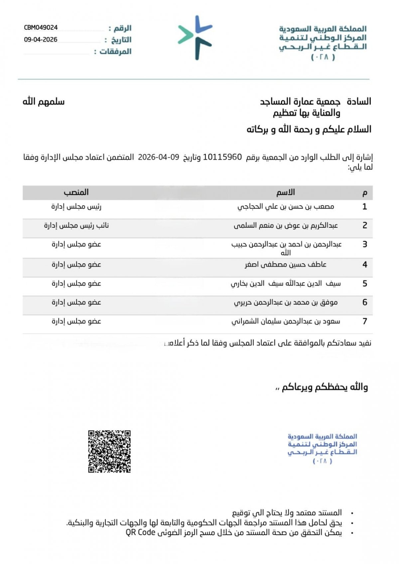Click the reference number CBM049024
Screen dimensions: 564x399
click(41, 28)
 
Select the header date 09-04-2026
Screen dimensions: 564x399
click(41, 40)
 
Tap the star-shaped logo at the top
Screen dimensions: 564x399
click(196, 37)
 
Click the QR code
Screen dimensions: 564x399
click(109, 451)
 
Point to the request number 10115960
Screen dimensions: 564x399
click(222, 157)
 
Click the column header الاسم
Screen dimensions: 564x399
click(285, 193)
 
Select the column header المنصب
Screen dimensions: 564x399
click(76, 193)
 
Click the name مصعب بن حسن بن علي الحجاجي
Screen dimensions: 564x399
click(286, 207)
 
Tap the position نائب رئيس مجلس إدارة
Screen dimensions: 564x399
click(76, 226)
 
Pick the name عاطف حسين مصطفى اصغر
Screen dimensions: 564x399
click(286, 265)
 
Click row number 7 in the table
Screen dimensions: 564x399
click(365, 322)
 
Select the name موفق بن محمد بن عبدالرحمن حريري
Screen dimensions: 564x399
click(286, 303)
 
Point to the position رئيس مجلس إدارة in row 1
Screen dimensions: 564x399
click(76, 207)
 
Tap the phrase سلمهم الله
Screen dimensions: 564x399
click(44, 101)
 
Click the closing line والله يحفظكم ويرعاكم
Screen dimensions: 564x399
click(325, 387)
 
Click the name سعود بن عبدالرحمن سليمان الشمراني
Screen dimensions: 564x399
click(286, 322)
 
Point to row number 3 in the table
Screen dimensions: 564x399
click(365, 244)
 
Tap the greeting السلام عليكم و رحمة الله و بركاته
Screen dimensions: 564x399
click(309, 129)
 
